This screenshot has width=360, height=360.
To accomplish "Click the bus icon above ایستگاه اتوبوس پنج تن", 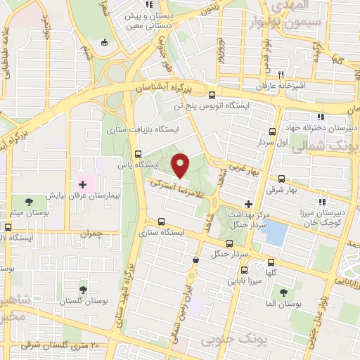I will [213, 95].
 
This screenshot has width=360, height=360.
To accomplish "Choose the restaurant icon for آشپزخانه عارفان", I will [281, 75].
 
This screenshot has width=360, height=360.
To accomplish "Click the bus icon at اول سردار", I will [273, 131].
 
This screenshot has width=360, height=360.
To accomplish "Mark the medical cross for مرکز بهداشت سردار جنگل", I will [247, 203].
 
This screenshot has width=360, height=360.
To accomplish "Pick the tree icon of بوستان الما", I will [283, 291].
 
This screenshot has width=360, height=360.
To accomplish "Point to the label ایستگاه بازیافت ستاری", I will [143, 131].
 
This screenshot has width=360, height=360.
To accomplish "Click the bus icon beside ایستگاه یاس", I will [138, 154].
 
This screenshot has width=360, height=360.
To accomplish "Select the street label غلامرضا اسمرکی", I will [179, 190].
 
